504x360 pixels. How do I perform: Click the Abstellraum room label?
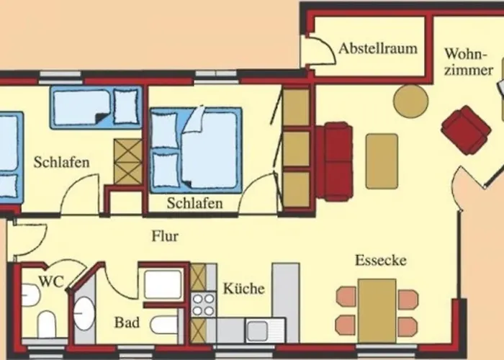pos(378,49)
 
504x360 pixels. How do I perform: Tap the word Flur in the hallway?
pos(165,236)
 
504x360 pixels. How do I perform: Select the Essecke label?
pos(380,260)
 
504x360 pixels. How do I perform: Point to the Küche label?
pos(243,289)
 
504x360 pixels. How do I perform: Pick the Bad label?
pos(127,323)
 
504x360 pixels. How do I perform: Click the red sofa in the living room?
pos(337,161)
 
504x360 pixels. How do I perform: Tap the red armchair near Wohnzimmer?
pos(465,130)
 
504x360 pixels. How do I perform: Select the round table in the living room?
pos(411,101)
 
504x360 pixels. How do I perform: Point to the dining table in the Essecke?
pos(377,310)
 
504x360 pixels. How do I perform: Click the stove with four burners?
pos(203,303)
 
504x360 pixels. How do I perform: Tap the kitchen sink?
pos(256,330)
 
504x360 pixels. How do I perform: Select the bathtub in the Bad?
pos(163,284)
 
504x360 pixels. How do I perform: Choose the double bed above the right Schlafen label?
pos(194,150)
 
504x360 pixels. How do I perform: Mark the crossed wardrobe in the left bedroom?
pos(129,161)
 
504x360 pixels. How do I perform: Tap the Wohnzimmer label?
pos(468,62)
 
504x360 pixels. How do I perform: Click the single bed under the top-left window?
pos(96,107)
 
